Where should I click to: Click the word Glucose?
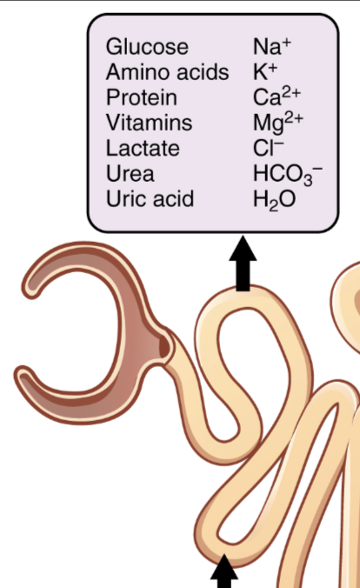147,47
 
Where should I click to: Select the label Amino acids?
167,72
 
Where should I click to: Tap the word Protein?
142,97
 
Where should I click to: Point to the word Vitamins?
149,123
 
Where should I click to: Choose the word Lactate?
143,148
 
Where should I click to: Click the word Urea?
130,174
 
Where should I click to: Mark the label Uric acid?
150,198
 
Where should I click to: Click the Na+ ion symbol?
272,46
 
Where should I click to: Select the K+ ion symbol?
265,72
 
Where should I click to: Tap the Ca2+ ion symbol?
277,97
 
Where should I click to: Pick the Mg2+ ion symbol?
278,123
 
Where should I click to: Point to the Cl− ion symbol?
269,148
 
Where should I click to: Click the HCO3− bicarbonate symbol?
288,175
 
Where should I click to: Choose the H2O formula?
275,200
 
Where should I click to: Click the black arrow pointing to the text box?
243,264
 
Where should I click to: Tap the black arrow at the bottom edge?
224,571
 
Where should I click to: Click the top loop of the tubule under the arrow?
243,298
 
